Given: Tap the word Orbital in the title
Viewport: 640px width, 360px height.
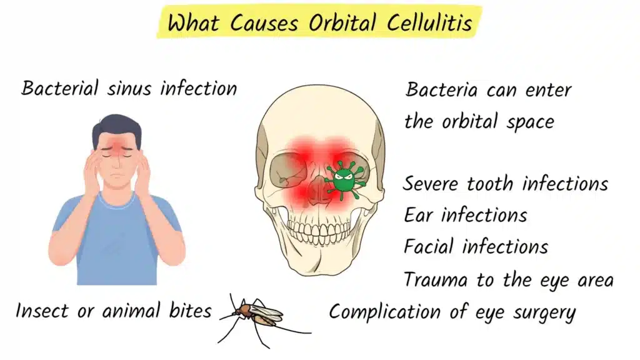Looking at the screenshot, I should tap(341, 24).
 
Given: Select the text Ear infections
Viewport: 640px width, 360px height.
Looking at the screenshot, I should tap(465, 215).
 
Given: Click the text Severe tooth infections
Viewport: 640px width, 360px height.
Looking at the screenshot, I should tap(505, 184).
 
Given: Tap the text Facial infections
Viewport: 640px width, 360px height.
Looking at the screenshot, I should tap(476, 246).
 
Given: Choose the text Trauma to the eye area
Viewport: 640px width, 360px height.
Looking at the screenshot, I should tap(508, 279).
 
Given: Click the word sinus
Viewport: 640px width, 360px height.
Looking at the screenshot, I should tap(129, 88).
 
